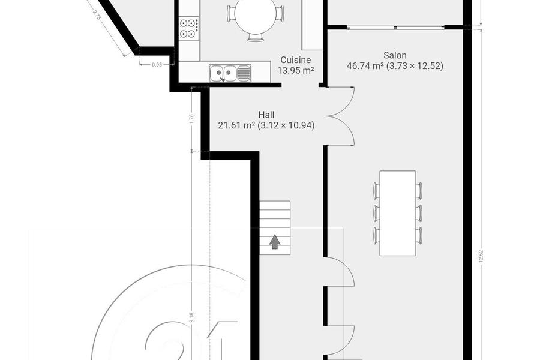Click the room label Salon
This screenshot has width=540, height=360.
[395, 55]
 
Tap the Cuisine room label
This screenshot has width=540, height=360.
[295, 60]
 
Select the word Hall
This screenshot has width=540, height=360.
[266, 115]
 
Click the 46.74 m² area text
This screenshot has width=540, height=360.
[365, 66]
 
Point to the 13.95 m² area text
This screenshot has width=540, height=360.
[295, 71]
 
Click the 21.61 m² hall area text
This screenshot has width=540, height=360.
[236, 125]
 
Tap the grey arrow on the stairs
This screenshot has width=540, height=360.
[274, 242]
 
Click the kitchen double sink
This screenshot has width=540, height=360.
[230, 73]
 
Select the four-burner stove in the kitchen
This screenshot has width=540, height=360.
[189, 28]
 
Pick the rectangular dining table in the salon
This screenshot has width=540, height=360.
[398, 213]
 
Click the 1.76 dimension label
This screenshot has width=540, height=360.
[192, 119]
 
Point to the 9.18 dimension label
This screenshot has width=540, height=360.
[192, 317]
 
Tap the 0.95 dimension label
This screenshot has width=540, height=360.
[157, 64]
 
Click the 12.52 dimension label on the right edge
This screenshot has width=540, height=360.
[481, 257]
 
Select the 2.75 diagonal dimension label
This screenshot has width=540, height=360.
[97, 15]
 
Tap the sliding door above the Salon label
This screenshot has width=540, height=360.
[395, 27]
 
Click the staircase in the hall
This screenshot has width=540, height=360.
[274, 228]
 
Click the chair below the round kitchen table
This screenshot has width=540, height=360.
[256, 38]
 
